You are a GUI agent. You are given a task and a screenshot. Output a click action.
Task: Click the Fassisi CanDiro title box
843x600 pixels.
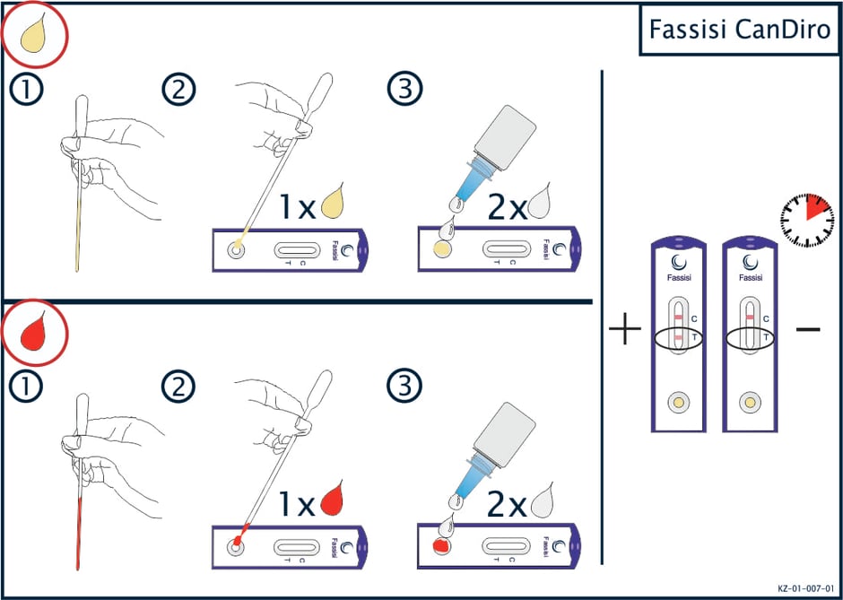[740, 30]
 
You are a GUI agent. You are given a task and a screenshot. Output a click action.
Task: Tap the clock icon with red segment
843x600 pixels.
[807, 220]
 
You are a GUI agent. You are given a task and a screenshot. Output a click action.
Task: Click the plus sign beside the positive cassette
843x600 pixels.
[625, 327]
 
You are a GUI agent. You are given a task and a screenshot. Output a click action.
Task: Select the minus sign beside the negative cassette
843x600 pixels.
[808, 328]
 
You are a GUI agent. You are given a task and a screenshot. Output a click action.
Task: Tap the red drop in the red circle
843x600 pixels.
[35, 331]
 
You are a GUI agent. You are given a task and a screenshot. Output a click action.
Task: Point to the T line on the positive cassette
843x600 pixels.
[679, 337]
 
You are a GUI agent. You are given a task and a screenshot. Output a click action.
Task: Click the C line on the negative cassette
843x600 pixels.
[750, 317]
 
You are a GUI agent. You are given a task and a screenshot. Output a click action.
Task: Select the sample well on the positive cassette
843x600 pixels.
[679, 402]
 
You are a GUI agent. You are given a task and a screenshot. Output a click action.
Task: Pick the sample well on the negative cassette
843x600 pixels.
[750, 402]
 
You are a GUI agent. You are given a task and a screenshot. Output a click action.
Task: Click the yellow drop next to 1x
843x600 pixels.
[334, 202]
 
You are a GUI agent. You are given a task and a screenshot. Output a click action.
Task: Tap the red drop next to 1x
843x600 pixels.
[332, 498]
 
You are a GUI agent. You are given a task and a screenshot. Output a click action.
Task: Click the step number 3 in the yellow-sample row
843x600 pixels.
[402, 90]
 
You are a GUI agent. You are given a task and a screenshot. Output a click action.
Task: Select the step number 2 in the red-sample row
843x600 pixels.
[179, 387]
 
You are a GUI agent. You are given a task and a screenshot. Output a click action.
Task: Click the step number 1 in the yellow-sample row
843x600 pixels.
[22, 90]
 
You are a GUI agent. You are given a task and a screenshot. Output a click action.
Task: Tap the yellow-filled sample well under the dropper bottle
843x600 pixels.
[442, 248]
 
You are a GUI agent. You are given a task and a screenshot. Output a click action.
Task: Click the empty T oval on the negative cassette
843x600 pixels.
[750, 338]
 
